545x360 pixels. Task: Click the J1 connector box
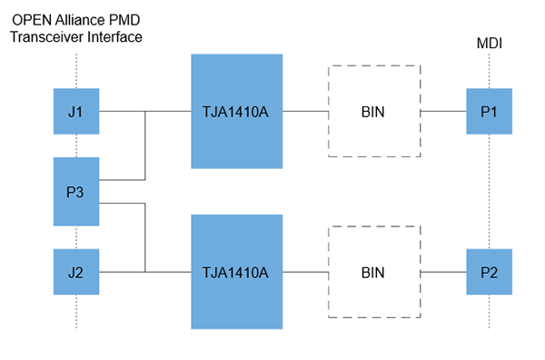click(x=76, y=112)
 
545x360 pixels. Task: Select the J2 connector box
click(x=76, y=271)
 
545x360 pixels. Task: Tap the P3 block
click(x=76, y=191)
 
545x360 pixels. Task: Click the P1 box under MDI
click(x=490, y=112)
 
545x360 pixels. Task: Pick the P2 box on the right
click(x=490, y=271)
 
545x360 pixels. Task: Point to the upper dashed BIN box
click(x=373, y=112)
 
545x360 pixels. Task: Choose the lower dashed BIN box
click(x=373, y=271)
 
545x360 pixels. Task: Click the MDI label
click(x=490, y=43)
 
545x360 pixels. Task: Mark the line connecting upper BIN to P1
click(x=443, y=112)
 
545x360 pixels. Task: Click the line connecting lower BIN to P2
click(x=443, y=271)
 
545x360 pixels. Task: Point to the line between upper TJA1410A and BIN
click(x=306, y=112)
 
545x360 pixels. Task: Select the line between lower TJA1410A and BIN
click(x=306, y=271)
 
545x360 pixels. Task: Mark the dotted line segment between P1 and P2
click(x=490, y=191)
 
